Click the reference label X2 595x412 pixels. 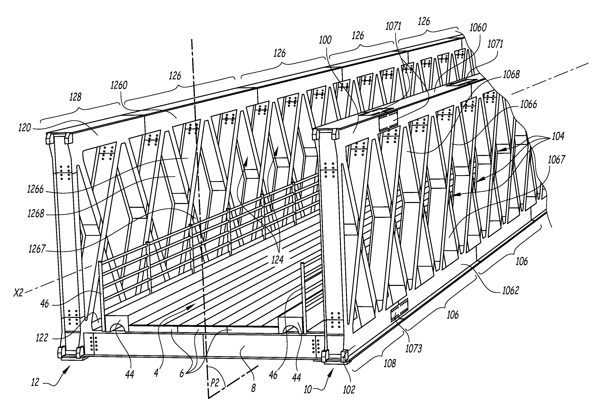tap(19, 293)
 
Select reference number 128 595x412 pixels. tap(76, 97)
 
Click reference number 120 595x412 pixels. tap(25, 128)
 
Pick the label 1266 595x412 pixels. tap(35, 190)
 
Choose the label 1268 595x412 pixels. tap(36, 214)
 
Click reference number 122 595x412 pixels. tap(42, 338)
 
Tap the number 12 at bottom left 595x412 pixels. tap(35, 382)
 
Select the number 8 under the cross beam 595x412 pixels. tap(253, 388)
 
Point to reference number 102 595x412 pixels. tap(349, 390)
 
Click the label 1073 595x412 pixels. tap(414, 349)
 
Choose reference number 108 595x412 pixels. tap(390, 364)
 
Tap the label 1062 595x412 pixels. tap(510, 291)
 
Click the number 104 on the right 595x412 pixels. tap(558, 136)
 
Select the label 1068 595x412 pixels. tap(511, 74)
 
